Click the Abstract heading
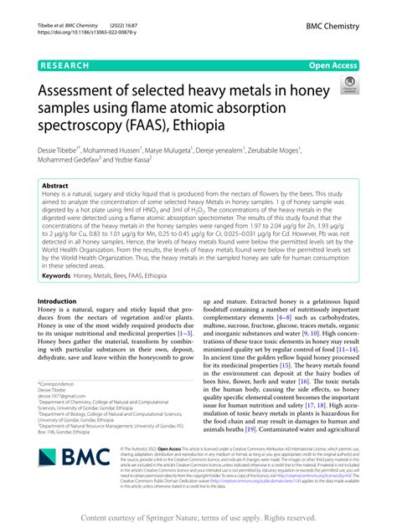(x=55, y=187)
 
